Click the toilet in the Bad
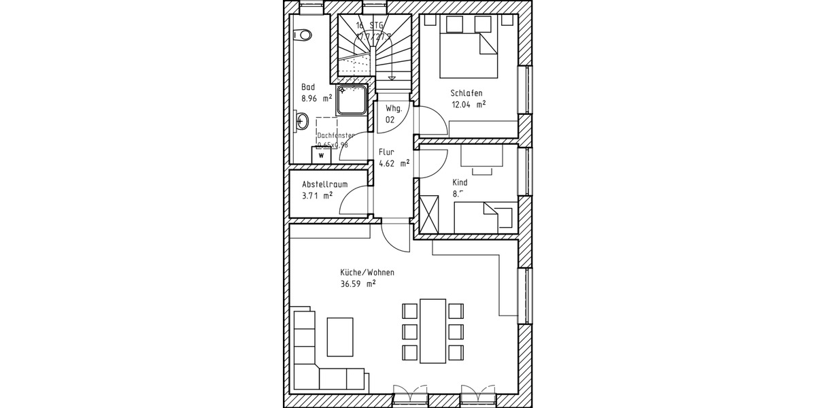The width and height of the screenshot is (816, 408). pos(303,34)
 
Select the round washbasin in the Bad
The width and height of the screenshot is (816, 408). pos(303,122)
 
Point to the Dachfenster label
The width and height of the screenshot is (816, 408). pos(335,135)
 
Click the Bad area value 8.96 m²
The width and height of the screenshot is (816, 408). pos(317,98)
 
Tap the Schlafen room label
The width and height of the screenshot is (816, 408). pos(466,93)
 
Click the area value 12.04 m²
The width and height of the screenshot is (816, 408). pos(469,105)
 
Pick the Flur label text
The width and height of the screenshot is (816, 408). pos(386,152)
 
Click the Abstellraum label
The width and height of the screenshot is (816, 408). pos(325,184)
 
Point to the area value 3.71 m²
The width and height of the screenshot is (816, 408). pos(317,196)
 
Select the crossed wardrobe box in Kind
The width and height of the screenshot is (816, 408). pos(430,214)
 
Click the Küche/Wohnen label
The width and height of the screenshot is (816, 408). pos(367,272)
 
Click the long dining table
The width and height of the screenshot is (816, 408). pos(432,330)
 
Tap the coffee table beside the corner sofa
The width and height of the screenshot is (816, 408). pos(340,337)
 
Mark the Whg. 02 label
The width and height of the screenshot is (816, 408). pos(394,114)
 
